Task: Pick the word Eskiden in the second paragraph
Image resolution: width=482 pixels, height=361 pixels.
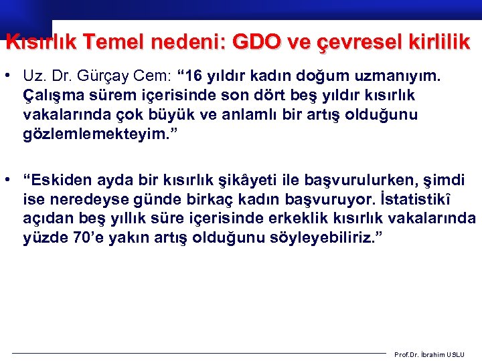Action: (x=61, y=179)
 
